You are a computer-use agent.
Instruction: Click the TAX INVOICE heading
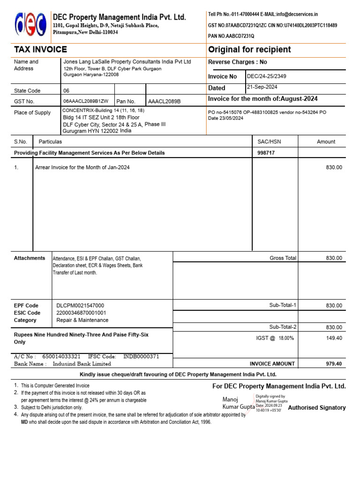click(x=40, y=50)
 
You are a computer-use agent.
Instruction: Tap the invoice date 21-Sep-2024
click(x=262, y=87)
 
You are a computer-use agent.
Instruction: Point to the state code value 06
click(x=66, y=91)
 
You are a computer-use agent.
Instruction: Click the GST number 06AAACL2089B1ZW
click(x=86, y=101)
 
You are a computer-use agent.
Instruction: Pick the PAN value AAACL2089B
click(x=164, y=101)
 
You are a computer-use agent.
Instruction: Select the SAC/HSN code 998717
click(x=266, y=153)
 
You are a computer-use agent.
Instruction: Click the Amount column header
click(x=326, y=142)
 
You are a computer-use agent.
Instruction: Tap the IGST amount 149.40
click(x=334, y=338)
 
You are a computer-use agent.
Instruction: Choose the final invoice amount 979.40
click(x=334, y=364)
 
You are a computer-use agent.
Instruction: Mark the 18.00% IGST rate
click(x=286, y=338)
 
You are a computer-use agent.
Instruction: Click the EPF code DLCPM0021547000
click(x=80, y=306)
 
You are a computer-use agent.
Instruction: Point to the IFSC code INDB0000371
click(x=141, y=357)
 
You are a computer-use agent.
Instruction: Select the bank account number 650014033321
click(x=61, y=357)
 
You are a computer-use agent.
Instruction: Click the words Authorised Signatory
click(x=316, y=408)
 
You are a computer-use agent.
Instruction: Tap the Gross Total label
click(x=283, y=258)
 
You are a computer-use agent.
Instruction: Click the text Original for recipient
click(x=249, y=50)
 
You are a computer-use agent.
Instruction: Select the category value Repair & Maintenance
click(x=82, y=320)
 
